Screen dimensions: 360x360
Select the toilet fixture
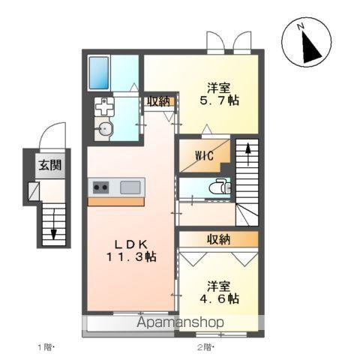217,186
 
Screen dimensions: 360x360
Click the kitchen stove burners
100,187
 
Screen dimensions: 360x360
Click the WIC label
204,155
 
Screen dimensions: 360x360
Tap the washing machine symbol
105,107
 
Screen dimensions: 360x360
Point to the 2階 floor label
205,347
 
